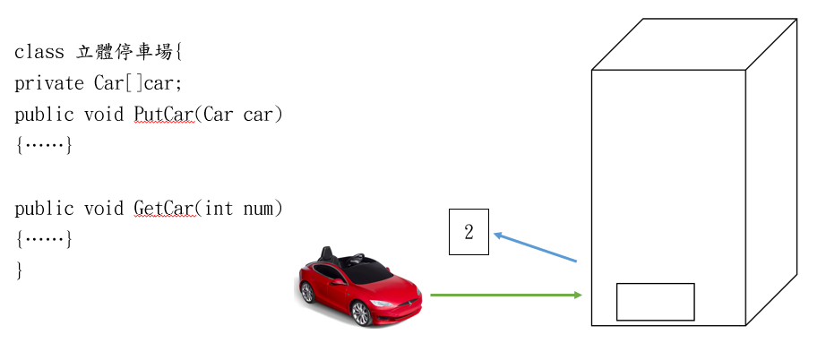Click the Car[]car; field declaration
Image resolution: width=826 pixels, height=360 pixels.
(138, 84)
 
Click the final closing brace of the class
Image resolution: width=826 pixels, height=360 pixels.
(19, 269)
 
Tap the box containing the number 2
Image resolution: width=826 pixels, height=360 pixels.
(469, 233)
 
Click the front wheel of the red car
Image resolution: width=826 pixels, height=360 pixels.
(361, 313)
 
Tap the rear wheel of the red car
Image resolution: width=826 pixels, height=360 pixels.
(308, 293)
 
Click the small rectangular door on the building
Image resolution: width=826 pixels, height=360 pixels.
(655, 302)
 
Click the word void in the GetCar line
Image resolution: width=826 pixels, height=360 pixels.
(104, 209)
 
